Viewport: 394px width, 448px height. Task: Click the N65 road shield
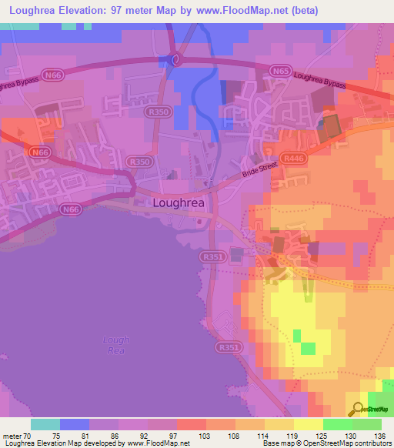click(280, 71)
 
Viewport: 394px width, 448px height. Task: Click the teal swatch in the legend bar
click(45, 424)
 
